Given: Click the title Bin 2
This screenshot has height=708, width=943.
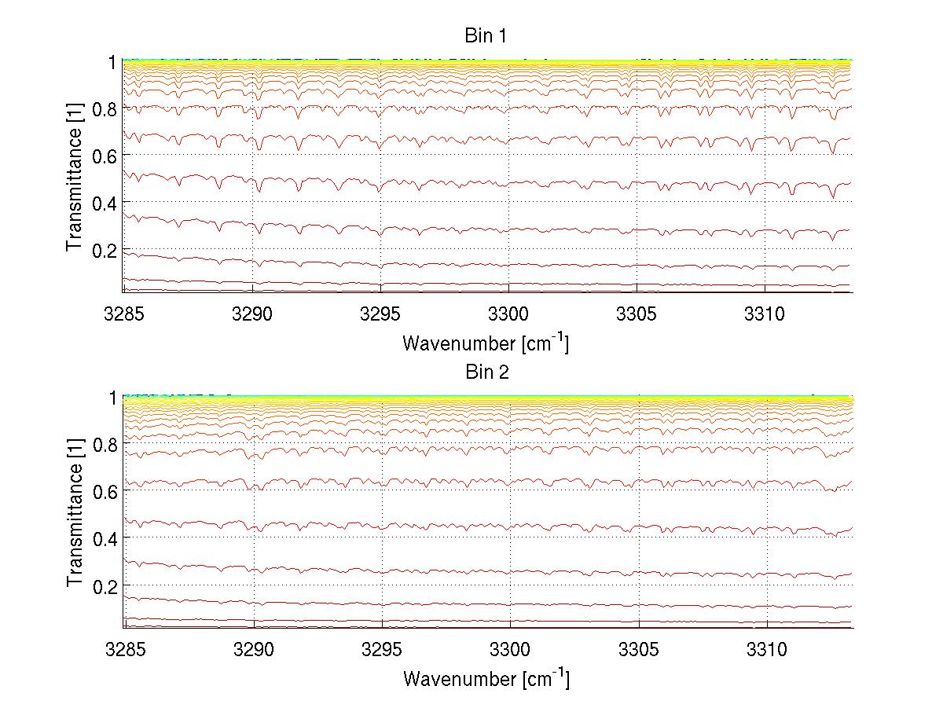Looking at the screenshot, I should tap(487, 372).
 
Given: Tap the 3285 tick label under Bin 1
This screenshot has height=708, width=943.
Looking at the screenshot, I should tap(123, 314).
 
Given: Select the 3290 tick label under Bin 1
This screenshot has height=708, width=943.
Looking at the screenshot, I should tap(251, 314).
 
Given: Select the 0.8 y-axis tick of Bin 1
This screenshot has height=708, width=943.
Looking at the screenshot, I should tap(105, 108).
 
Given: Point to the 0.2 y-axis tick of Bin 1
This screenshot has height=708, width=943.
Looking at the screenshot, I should tap(105, 250).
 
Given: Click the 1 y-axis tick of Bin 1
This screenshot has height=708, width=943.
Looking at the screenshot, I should tap(112, 61).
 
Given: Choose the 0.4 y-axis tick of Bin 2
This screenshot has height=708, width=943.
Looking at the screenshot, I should tap(106, 538).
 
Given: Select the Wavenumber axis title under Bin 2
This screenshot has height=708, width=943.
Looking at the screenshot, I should tap(486, 678).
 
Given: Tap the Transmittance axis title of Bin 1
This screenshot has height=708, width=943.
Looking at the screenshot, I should tap(74, 178).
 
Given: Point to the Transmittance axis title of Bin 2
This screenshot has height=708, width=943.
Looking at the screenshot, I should tap(75, 513).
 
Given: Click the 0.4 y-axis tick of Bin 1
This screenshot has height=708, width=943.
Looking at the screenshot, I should tap(105, 203).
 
